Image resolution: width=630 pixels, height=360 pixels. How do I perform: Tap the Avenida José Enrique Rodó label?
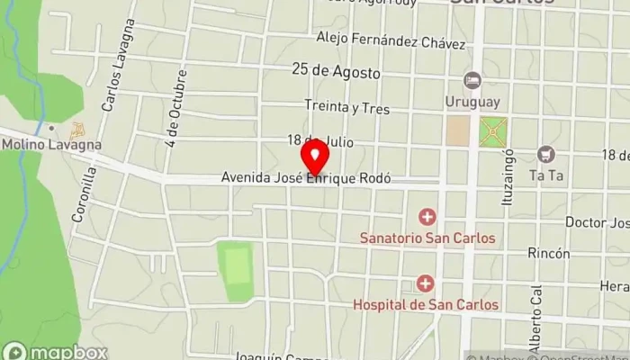coord(306,179)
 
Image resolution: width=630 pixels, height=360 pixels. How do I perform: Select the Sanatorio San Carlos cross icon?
coord(427,217)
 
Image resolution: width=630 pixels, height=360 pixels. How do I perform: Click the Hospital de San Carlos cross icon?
coord(426,284)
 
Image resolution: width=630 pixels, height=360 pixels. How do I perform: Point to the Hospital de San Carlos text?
coord(426,305)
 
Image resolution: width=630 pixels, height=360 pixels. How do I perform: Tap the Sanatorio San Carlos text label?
coord(427,238)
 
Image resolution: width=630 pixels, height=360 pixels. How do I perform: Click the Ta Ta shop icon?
coord(545,155)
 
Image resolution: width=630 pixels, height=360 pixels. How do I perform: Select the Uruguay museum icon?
coord(472,81)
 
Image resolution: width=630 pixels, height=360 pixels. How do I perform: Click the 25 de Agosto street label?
coord(336,71)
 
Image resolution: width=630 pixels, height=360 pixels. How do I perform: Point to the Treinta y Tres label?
coord(346,107)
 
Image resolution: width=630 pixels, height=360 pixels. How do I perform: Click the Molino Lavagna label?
coord(50,144)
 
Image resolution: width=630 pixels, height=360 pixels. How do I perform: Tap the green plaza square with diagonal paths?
coord(492,131)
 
